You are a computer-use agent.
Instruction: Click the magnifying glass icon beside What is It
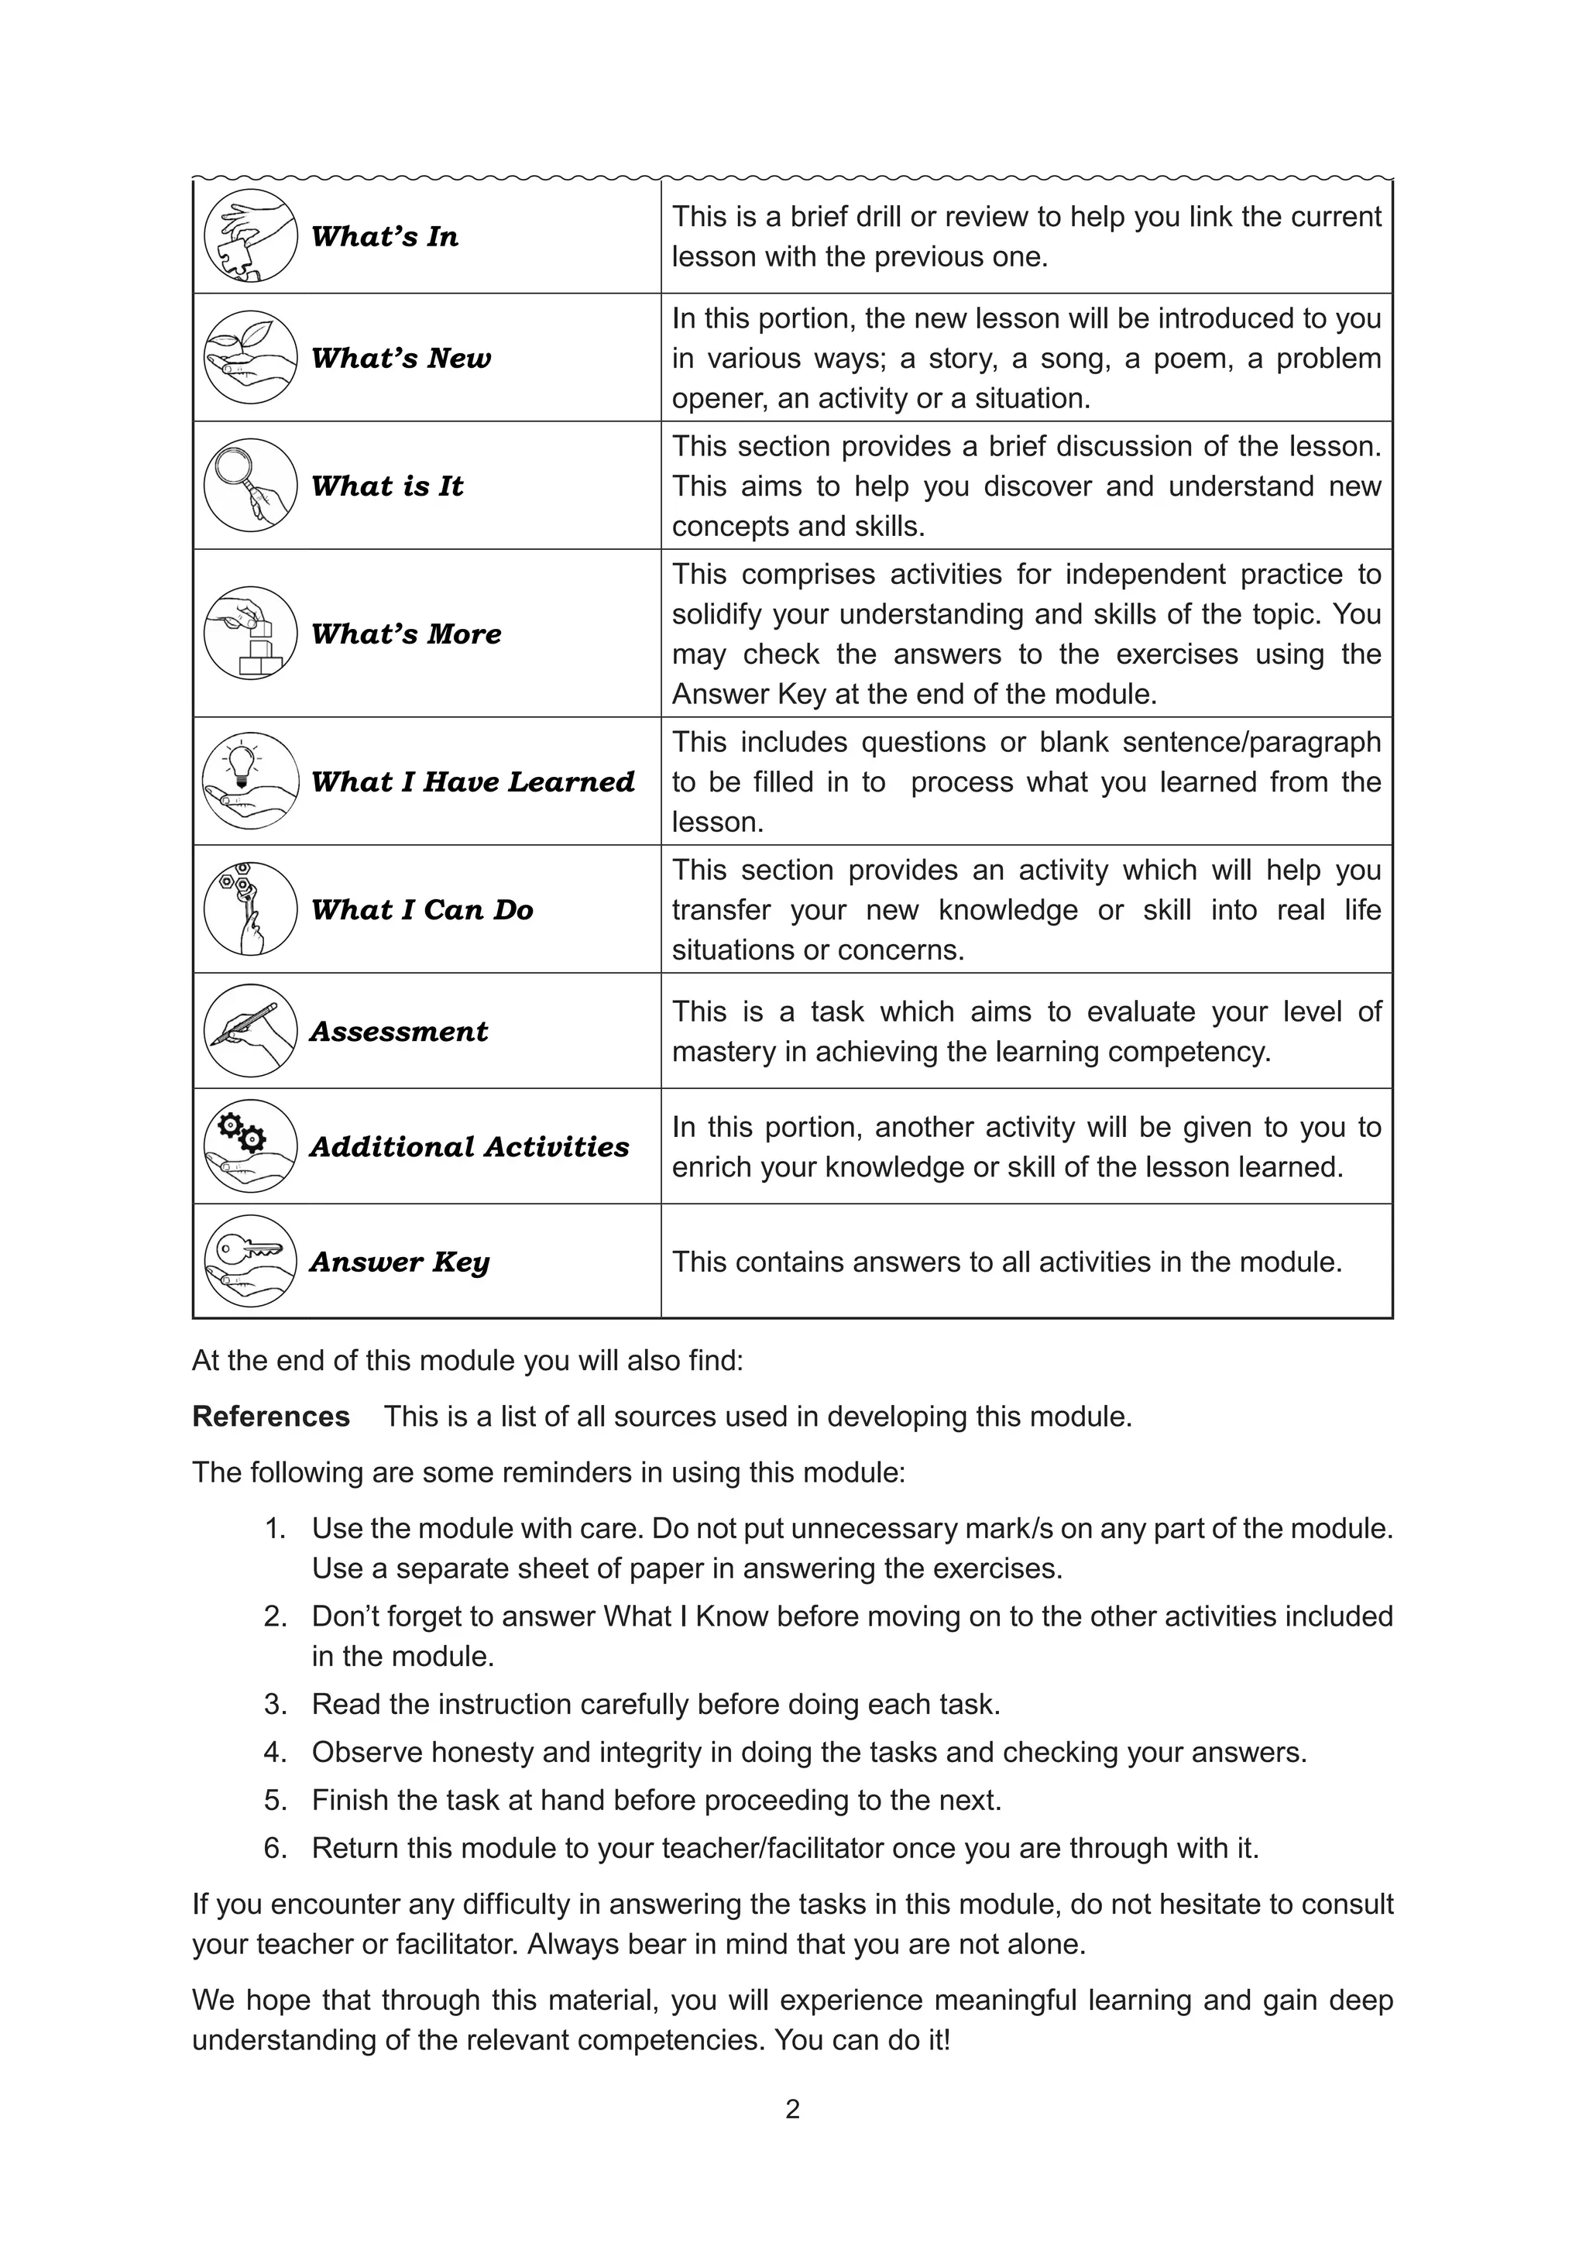(250, 485)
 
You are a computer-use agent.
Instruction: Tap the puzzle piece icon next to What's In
(250, 235)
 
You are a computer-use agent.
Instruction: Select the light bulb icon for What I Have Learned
(250, 781)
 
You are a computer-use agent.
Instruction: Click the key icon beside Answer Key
(250, 1260)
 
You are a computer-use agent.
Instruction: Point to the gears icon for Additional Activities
(250, 1146)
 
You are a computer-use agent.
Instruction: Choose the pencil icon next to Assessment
(250, 1031)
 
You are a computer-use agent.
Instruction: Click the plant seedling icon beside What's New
(250, 358)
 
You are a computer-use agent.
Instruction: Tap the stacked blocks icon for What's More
(250, 633)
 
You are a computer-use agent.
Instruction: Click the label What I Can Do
(422, 909)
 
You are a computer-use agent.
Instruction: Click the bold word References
(270, 1417)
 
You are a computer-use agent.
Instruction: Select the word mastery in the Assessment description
(723, 1052)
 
